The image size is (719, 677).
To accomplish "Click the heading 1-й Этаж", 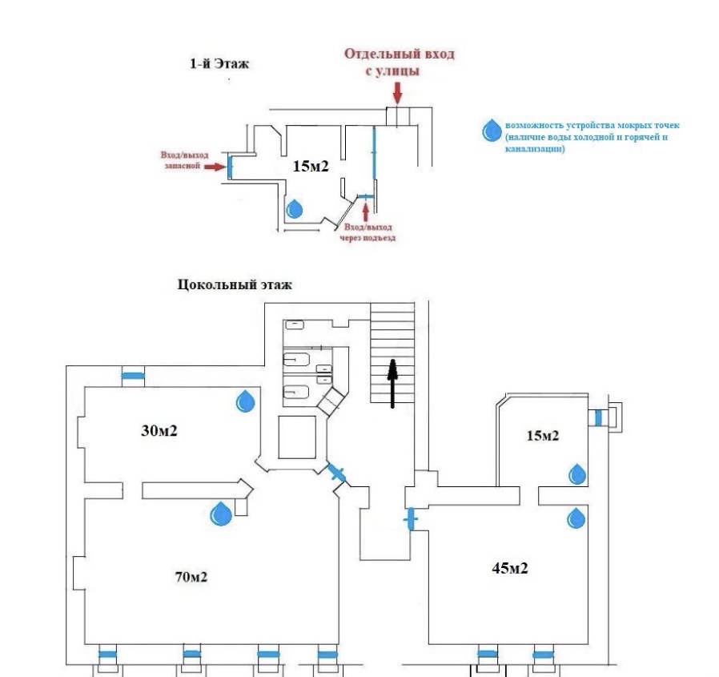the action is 219,63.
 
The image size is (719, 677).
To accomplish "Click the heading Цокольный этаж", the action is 235,284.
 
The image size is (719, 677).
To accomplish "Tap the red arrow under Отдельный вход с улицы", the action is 397,94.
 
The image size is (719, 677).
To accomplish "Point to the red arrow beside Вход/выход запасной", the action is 215,167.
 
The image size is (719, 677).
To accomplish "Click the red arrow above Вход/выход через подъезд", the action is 365,212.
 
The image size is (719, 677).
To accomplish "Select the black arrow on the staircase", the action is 392,384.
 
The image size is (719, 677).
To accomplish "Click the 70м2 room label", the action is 191,577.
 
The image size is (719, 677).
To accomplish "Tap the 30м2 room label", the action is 159,430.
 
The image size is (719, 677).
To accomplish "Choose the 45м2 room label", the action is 510,568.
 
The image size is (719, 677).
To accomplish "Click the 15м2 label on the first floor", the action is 311,166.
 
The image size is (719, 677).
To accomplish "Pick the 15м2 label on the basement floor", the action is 543,435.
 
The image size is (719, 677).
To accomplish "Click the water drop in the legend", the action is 492,131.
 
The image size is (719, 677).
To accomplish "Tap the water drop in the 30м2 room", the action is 245,401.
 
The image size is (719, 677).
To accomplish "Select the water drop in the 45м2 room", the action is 576,518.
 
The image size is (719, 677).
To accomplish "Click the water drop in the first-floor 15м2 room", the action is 295,209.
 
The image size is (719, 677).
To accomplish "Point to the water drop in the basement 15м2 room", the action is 577,474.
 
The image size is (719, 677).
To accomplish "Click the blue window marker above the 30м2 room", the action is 133,377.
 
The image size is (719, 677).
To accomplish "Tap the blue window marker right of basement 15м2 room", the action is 598,418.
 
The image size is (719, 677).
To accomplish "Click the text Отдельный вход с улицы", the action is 399,62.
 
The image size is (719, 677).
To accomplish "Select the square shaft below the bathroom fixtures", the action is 297,437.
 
